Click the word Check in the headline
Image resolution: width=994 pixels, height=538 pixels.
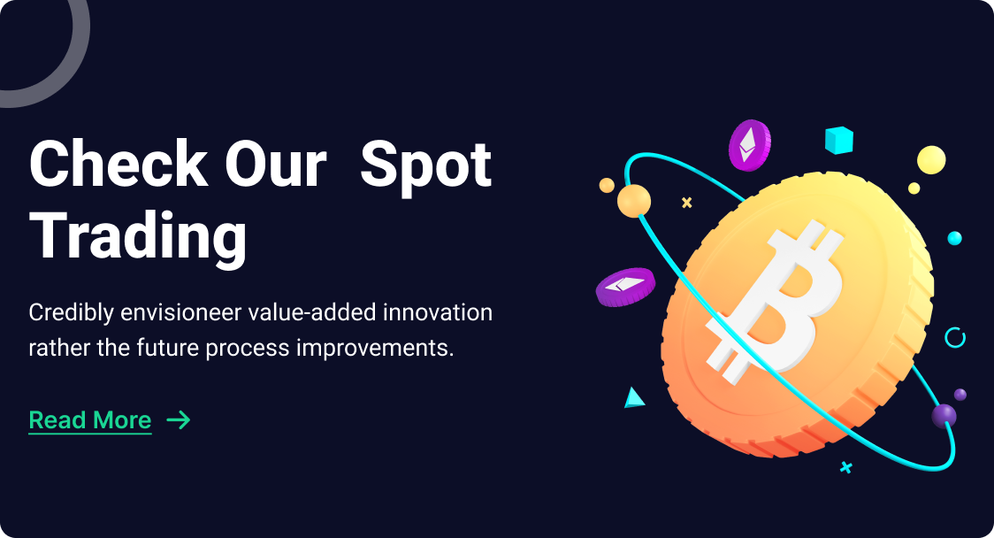pyautogui.click(x=119, y=164)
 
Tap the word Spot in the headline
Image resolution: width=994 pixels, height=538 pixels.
pyautogui.click(x=426, y=167)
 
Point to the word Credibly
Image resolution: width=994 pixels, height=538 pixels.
pyautogui.click(x=71, y=313)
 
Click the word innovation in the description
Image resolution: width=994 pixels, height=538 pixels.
pyautogui.click(x=438, y=312)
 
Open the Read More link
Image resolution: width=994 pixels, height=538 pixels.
pyautogui.click(x=90, y=420)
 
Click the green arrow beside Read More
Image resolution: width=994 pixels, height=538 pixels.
pyautogui.click(x=178, y=420)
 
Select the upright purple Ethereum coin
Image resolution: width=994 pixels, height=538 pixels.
pyautogui.click(x=749, y=145)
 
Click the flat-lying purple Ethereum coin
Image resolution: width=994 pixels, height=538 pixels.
pyautogui.click(x=625, y=287)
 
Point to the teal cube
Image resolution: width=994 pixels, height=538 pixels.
pyautogui.click(x=838, y=140)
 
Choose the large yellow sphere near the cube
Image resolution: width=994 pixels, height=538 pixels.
pyautogui.click(x=931, y=160)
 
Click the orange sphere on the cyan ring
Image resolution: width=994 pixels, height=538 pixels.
pyautogui.click(x=634, y=201)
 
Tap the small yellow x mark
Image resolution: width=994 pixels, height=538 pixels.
pyautogui.click(x=686, y=203)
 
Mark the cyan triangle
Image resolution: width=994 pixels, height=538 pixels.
pyautogui.click(x=633, y=398)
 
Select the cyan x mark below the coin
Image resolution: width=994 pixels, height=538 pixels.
pyautogui.click(x=845, y=467)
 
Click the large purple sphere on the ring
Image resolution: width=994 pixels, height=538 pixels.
pyautogui.click(x=944, y=416)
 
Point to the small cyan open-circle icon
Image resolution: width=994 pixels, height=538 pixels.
pyautogui.click(x=955, y=337)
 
